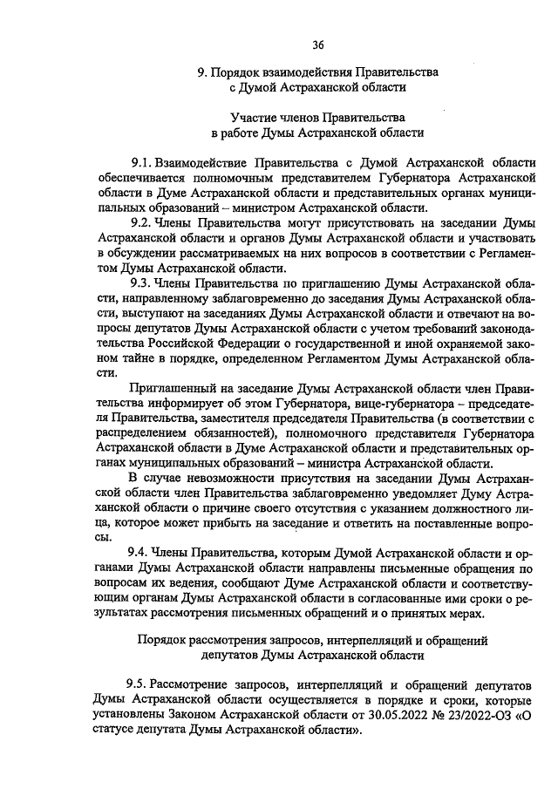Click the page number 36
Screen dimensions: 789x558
pyautogui.click(x=318, y=45)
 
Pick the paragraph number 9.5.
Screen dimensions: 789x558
pyautogui.click(x=140, y=682)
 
